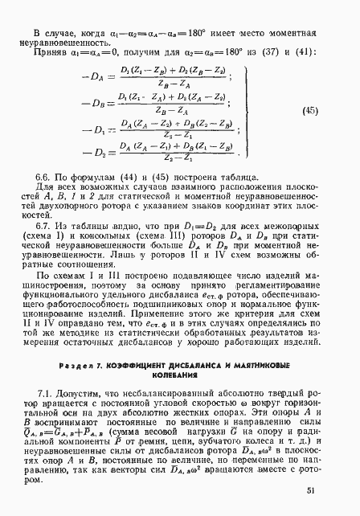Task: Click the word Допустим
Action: (x=80, y=393)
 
